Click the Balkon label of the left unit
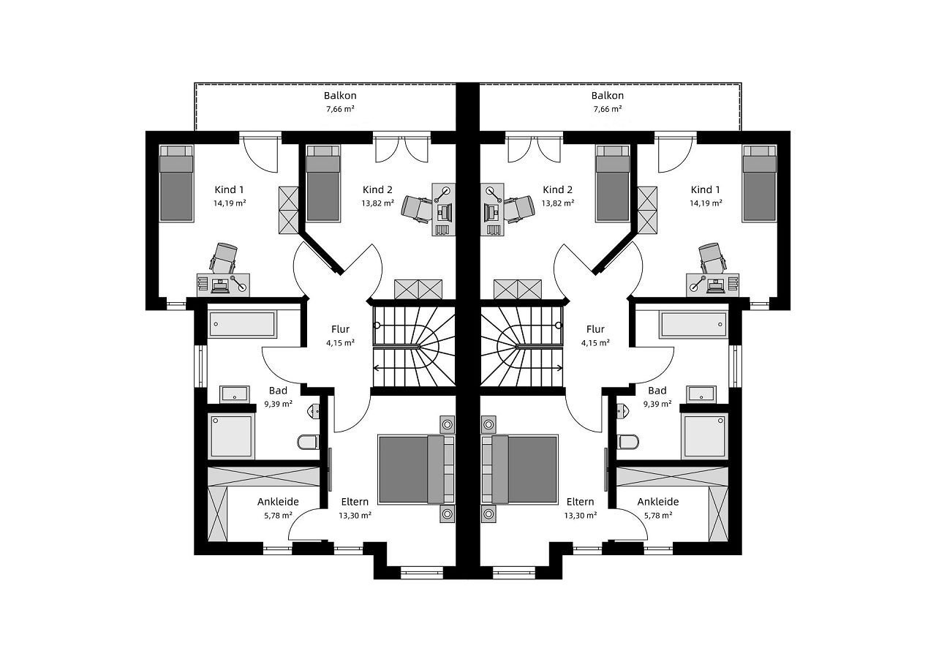340,96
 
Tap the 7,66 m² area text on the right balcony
608,109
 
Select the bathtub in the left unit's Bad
242,324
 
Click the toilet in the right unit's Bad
627,442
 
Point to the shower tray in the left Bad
232,436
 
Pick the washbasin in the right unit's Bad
701,394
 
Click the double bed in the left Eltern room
416,470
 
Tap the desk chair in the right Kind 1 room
712,257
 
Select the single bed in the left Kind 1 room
176,184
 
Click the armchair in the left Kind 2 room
416,207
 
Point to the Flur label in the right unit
595,329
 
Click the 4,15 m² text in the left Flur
340,343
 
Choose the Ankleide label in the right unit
657,502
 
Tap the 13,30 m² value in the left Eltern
355,516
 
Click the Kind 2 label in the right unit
557,189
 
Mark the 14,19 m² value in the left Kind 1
230,203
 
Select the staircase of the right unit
522,347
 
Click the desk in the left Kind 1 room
223,285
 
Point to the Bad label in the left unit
278,391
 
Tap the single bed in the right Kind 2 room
613,184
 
